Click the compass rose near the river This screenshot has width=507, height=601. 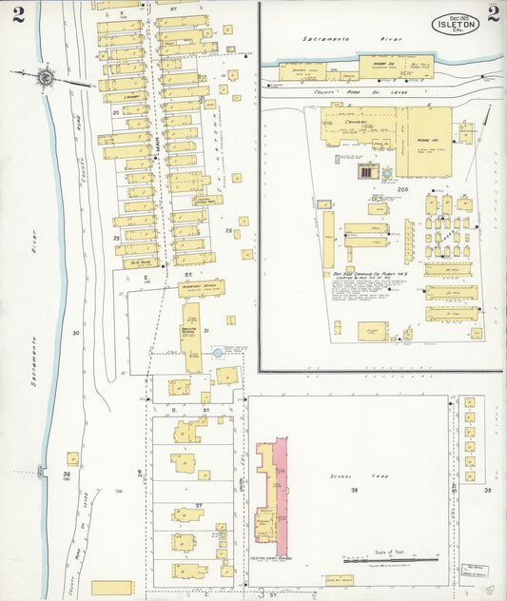pos(44,76)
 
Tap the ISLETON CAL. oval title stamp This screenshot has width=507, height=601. pos(456,24)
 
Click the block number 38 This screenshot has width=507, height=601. pos(353,491)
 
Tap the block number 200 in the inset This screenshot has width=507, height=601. pos(401,190)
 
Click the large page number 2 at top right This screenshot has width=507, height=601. pos(493,13)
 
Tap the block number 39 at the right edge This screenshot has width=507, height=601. pos(487,491)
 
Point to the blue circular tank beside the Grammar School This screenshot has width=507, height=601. pos(218,353)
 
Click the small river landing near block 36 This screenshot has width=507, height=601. pos(40,471)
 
